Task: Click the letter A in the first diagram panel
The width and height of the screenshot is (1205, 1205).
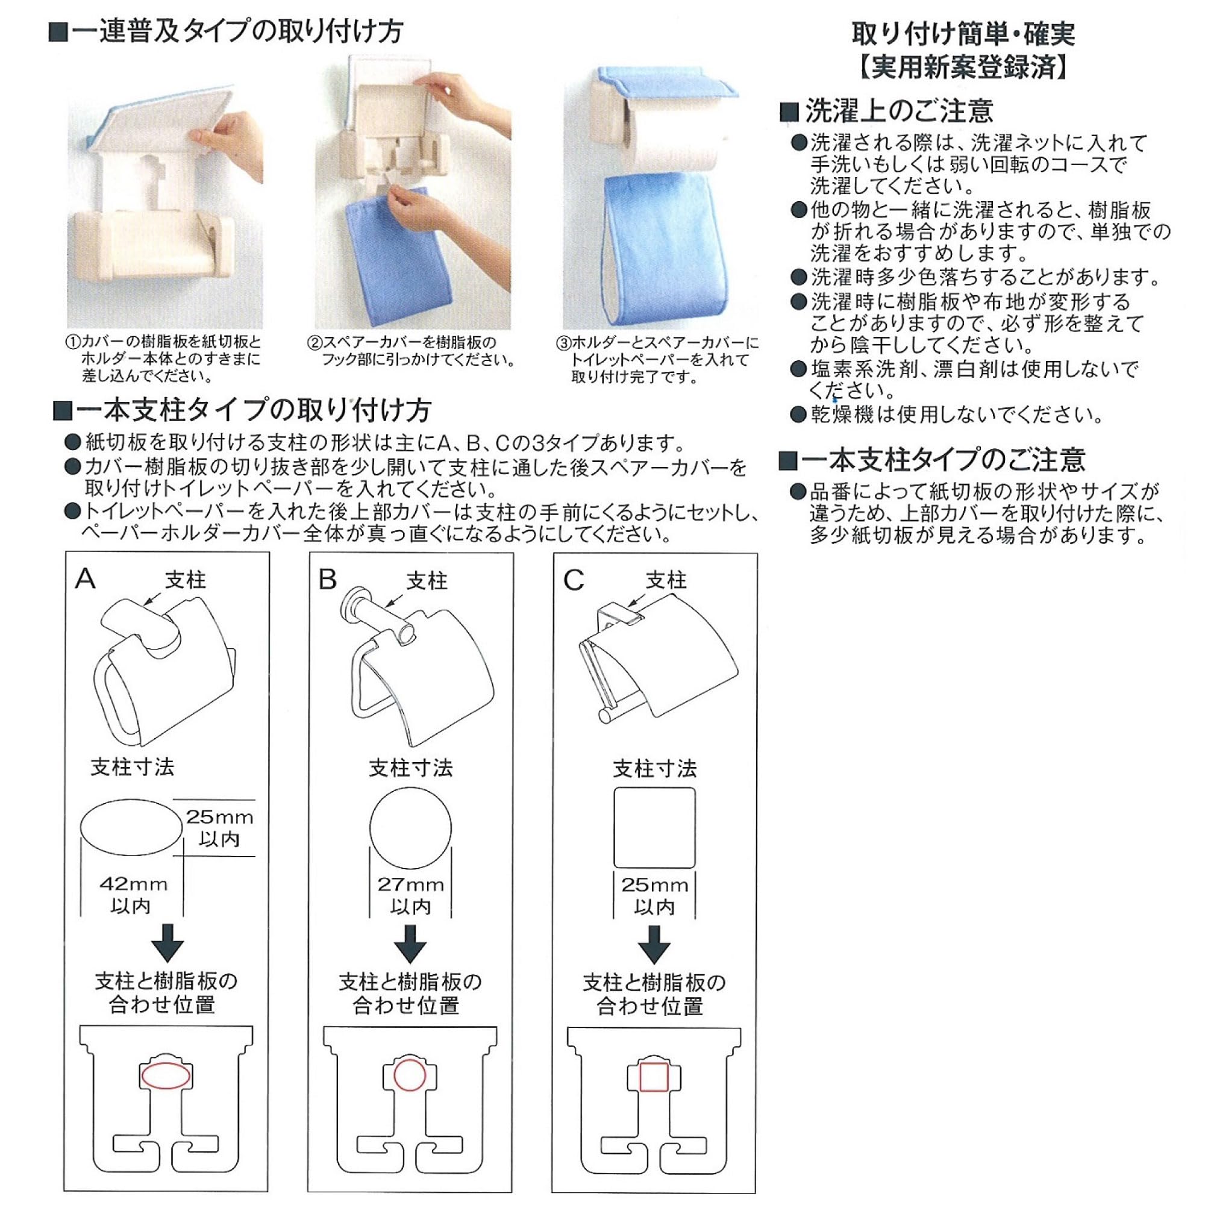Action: point(86,579)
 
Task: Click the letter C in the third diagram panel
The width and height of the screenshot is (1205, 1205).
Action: point(573,581)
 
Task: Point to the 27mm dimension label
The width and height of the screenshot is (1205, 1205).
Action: point(410,884)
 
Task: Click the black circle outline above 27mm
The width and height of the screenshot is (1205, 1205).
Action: point(370,828)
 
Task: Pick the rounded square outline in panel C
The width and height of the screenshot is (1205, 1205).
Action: point(615,828)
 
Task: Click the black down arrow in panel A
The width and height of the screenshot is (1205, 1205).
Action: point(167,943)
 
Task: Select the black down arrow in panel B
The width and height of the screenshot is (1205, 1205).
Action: point(410,944)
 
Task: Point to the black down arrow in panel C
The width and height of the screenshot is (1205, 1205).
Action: point(654,944)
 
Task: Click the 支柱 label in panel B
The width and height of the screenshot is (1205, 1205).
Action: point(427,581)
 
